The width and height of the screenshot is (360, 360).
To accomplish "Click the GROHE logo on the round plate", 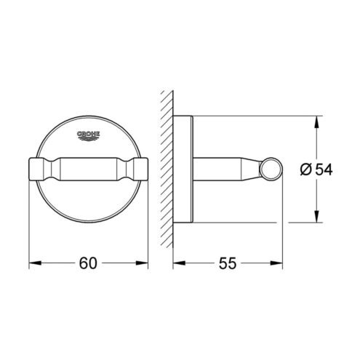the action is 89,135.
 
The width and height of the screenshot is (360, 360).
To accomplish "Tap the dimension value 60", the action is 88,263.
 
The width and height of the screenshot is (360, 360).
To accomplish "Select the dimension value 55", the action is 228,263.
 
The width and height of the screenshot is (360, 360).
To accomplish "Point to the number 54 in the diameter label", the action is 324,169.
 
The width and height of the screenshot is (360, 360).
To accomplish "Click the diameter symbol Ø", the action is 305,169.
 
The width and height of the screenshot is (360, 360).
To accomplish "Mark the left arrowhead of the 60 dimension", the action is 35,263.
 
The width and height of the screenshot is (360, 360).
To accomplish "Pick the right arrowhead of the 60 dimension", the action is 142,263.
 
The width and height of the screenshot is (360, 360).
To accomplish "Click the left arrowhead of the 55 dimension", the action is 179,263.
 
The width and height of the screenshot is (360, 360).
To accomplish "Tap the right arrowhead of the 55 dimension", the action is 276,263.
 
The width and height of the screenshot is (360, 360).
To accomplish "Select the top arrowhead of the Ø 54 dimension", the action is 316,122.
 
